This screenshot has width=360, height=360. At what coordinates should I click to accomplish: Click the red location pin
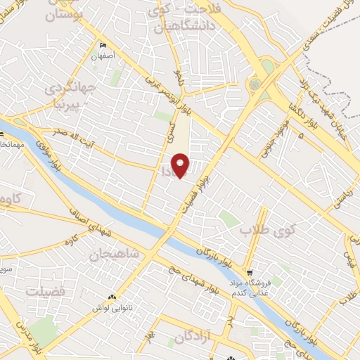click(x=181, y=166)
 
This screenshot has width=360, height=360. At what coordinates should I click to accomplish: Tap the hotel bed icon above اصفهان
click(x=103, y=43)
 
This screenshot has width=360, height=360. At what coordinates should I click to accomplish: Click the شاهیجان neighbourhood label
click(x=115, y=252)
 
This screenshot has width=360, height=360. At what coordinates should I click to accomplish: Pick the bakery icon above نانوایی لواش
click(x=112, y=297)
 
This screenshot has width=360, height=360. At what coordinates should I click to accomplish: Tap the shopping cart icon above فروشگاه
click(x=250, y=273)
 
